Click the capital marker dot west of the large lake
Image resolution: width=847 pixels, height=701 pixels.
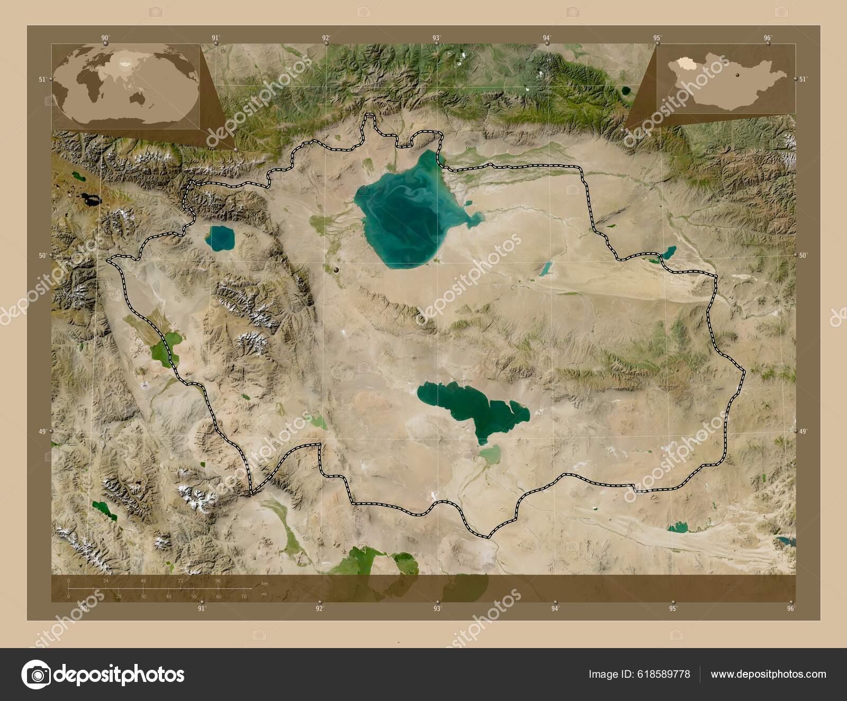[x=337, y=271]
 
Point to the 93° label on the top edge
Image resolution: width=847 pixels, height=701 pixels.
[x=436, y=38]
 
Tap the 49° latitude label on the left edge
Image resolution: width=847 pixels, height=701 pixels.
[x=42, y=432]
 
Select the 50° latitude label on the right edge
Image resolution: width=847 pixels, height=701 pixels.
[x=803, y=255]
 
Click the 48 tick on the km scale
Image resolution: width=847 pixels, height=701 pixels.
[x=143, y=581]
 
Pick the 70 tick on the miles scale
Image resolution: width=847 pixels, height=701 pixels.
[x=244, y=597]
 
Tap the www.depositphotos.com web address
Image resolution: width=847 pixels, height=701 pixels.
[x=768, y=675]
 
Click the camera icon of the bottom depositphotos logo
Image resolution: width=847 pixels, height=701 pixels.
[x=35, y=674]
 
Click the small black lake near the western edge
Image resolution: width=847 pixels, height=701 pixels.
[x=90, y=200]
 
